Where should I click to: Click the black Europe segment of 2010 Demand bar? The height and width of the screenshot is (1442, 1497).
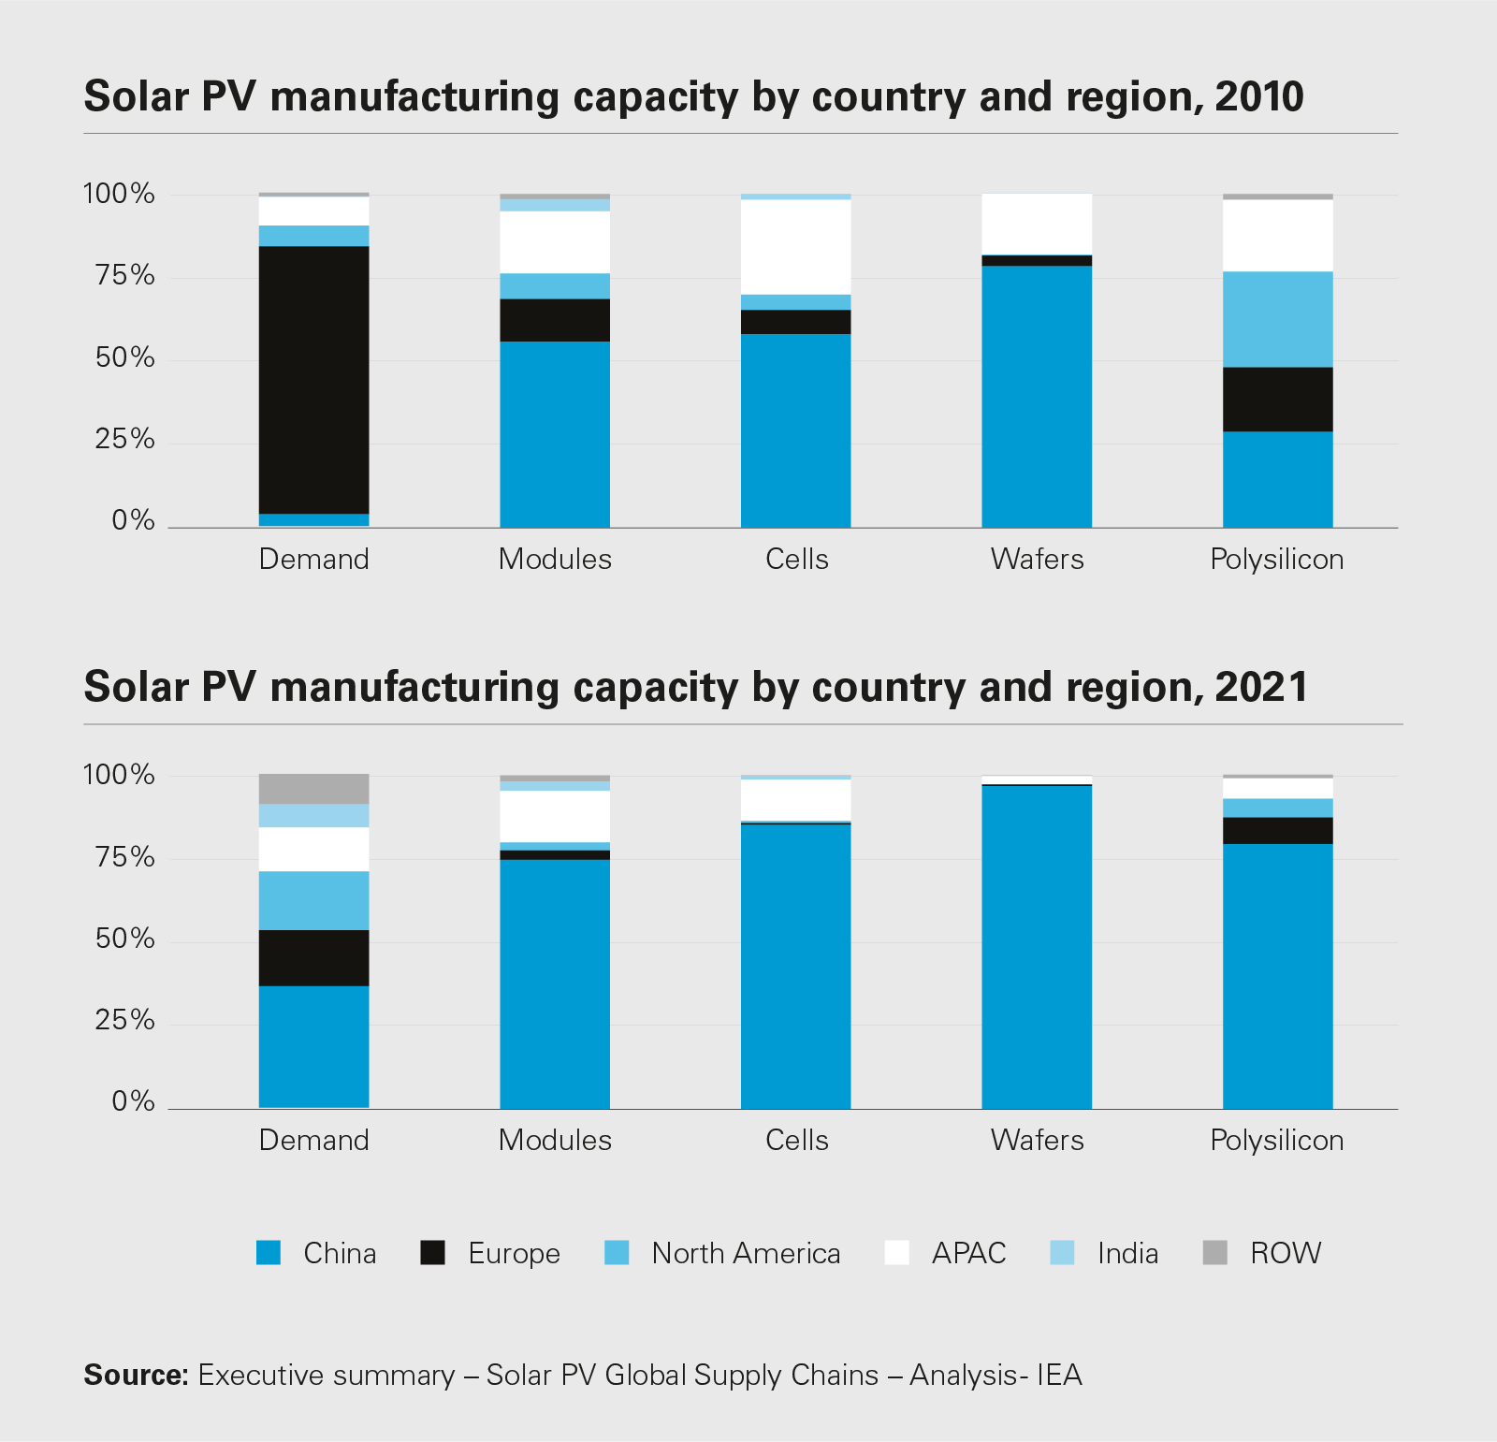(313, 379)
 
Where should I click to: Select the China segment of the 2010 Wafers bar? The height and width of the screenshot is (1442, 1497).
(1037, 397)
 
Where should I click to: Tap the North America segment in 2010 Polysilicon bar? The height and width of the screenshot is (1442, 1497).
(1277, 319)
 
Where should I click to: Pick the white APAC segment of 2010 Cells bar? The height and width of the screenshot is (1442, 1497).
(795, 247)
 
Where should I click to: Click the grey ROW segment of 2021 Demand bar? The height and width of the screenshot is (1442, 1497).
(313, 789)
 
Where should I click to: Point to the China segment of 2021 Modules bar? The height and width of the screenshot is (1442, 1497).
(555, 983)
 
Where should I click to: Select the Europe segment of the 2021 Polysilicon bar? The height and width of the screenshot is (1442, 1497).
(1277, 831)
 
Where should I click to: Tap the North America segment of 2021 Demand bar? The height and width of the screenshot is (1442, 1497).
(313, 900)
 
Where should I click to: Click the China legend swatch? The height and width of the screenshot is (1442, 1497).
(269, 1252)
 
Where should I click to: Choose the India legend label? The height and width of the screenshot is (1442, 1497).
(1127, 1253)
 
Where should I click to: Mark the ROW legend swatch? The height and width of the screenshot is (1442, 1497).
(1214, 1252)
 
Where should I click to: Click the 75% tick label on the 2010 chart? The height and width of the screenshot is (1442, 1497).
(124, 275)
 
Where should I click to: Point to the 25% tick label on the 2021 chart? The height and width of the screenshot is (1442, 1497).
(124, 1020)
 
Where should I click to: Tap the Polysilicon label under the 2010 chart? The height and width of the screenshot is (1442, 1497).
(1276, 560)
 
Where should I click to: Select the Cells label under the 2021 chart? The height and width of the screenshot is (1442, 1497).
(796, 1140)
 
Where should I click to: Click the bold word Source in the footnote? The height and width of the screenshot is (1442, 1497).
(136, 1375)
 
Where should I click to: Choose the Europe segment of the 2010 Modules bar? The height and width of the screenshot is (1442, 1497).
(555, 320)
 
